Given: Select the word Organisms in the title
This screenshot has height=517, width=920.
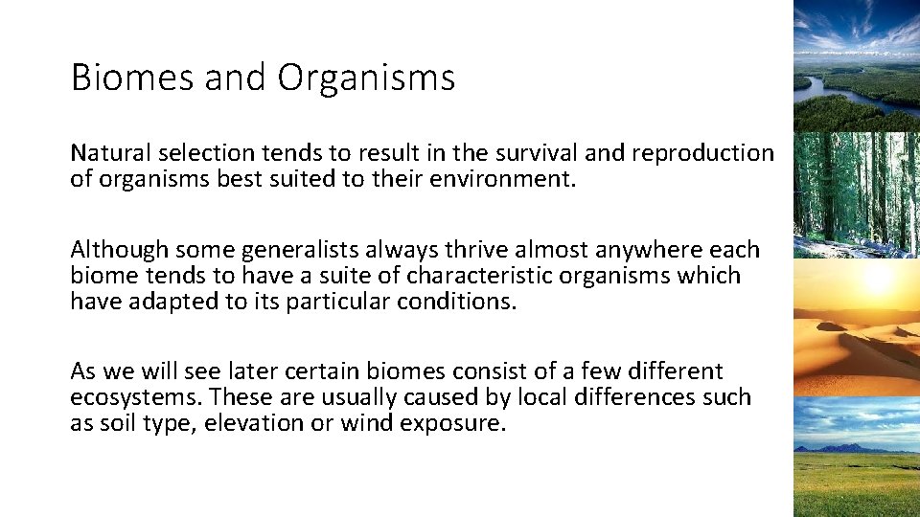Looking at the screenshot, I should click(x=367, y=78).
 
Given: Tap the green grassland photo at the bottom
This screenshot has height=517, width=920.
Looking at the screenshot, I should click(x=856, y=483).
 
